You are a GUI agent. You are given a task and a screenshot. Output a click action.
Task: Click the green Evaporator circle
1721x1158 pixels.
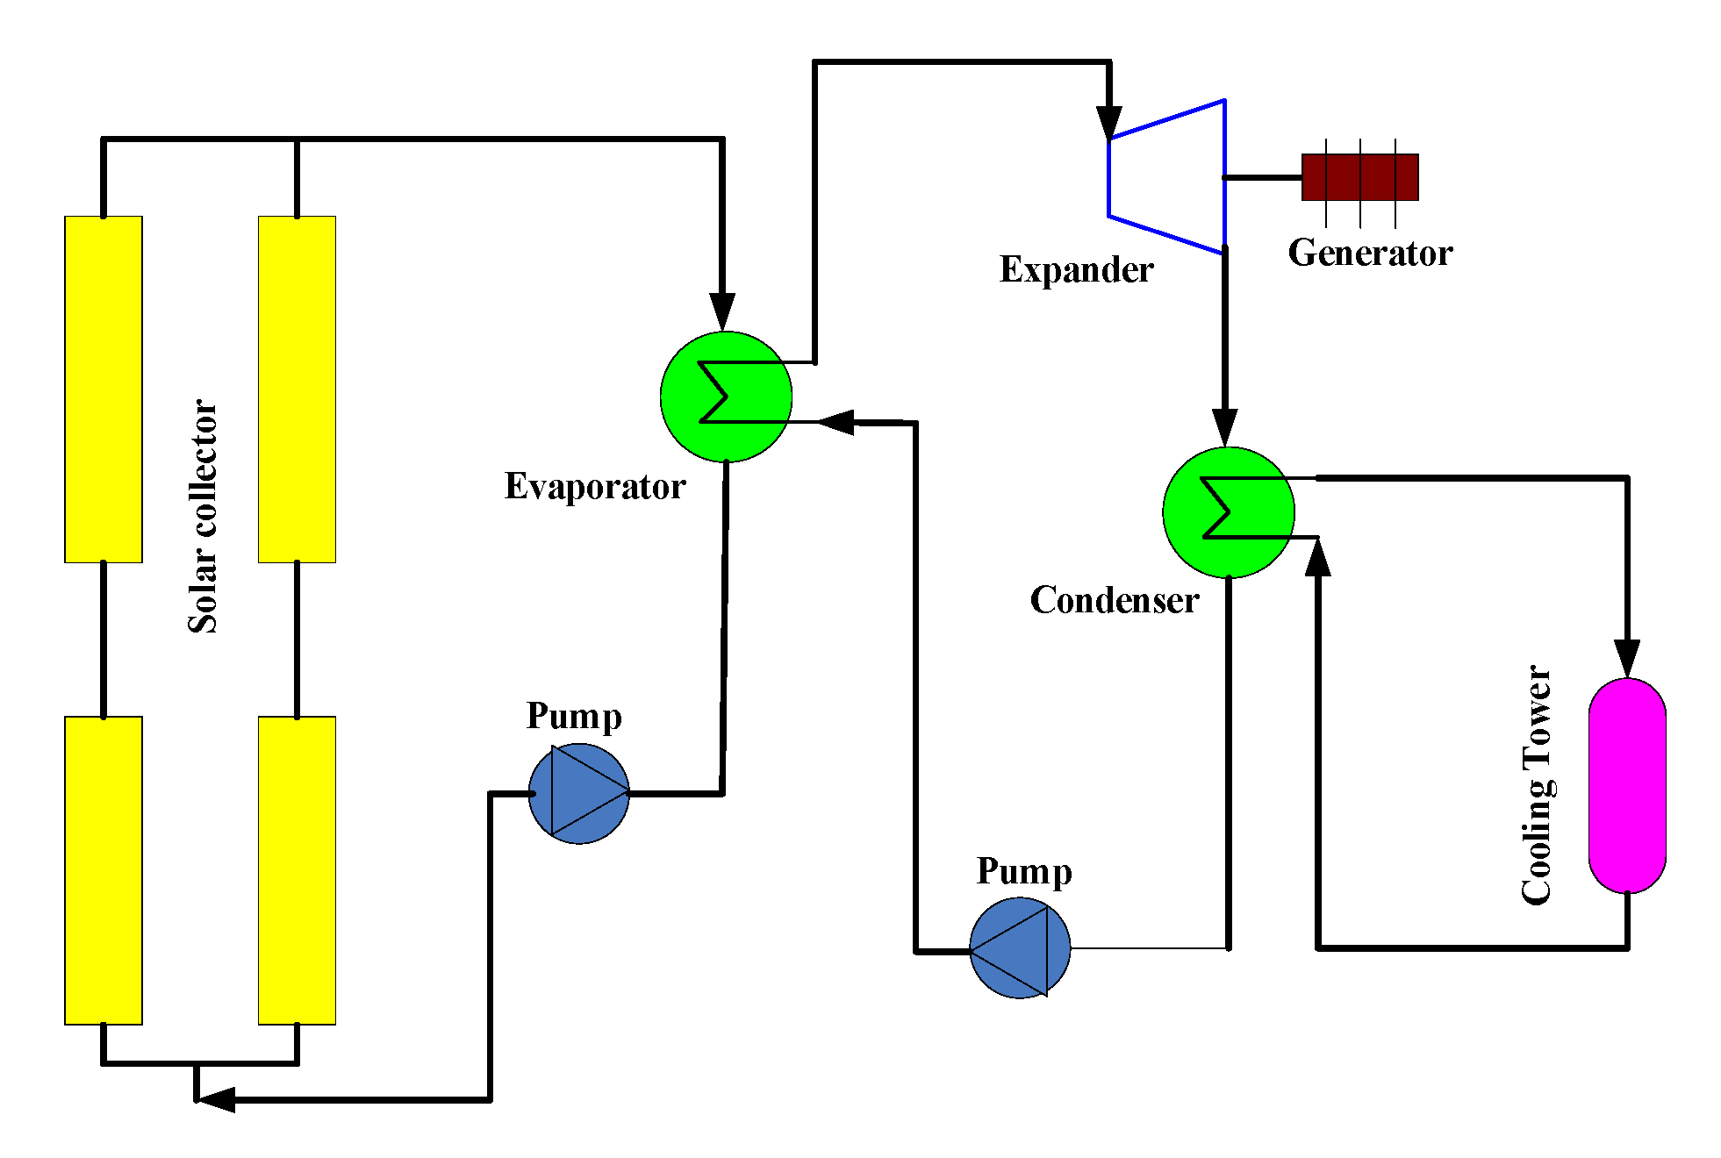click(x=726, y=397)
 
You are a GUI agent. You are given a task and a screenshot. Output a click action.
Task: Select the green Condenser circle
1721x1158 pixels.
click(x=1228, y=512)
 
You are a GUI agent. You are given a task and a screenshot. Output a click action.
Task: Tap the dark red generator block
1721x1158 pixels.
click(x=1359, y=177)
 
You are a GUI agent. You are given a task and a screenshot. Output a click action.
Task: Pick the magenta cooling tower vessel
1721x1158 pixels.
click(x=1627, y=785)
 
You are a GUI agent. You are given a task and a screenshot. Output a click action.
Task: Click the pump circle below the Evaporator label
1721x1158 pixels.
click(x=578, y=793)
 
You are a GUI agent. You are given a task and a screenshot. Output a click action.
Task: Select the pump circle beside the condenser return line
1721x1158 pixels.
click(x=1020, y=947)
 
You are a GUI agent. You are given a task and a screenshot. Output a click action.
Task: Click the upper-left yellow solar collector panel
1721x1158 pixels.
click(x=104, y=389)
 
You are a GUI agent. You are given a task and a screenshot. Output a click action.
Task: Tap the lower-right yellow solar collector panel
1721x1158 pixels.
click(x=297, y=869)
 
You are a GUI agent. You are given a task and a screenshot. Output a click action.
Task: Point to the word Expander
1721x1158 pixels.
click(x=1076, y=270)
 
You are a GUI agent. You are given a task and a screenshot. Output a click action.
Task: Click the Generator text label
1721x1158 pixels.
click(x=1370, y=254)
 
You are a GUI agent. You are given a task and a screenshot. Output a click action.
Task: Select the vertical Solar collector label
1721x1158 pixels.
click(x=203, y=516)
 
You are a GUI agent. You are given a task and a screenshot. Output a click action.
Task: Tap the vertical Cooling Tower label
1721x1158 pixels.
click(x=1536, y=785)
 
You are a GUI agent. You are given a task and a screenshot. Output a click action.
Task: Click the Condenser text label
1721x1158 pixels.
click(x=1114, y=601)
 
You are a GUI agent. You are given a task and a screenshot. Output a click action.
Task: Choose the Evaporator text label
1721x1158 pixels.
click(x=595, y=487)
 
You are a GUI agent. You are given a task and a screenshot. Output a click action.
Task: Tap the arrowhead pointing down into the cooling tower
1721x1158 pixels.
click(x=1627, y=658)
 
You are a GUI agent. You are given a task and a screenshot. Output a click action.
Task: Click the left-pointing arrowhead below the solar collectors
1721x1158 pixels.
click(x=215, y=1099)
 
